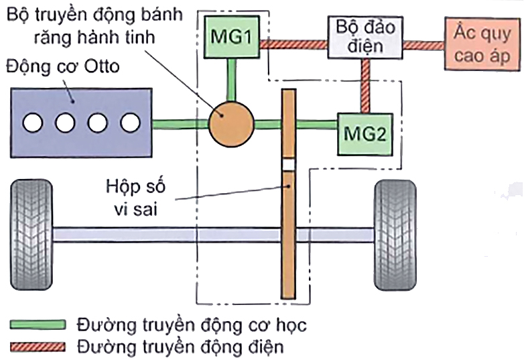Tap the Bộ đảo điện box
coord(365,37)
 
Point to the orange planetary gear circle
coord(232,123)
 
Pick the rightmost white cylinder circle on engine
coord(130,123)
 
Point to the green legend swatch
coord(38,325)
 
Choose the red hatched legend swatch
coord(38,347)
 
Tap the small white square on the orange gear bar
coord(288,165)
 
